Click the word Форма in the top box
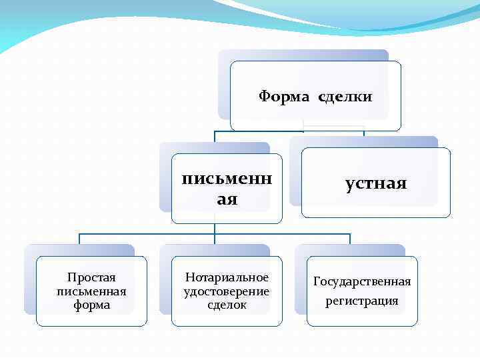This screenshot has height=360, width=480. tap(283, 97)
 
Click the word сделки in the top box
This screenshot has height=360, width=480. tap(345, 97)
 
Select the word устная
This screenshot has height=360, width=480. tap(376, 183)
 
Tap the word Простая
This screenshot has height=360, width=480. tap(91, 277)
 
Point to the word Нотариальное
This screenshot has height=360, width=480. tap(227, 277)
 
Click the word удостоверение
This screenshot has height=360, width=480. tap(227, 291)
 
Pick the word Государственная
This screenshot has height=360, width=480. tap(362, 281)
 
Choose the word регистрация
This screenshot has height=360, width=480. tap(362, 301)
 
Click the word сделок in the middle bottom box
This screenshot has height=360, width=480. tap(227, 305)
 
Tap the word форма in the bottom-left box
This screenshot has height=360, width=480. tap(91, 305)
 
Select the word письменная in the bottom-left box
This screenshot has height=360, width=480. tap(91, 291)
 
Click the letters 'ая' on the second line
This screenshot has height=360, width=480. tap(227, 199)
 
